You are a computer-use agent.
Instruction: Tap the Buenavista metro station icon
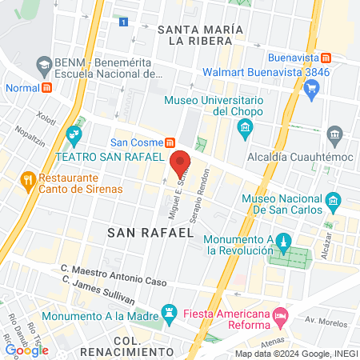point(326,58)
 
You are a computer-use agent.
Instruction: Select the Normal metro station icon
point(47,88)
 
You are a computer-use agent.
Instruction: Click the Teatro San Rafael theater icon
point(76,131)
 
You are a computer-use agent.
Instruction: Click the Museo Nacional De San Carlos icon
point(334,198)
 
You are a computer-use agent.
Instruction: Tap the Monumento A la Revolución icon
point(286,241)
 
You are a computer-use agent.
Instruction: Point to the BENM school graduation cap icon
point(46,63)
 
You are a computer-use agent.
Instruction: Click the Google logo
point(26,350)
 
